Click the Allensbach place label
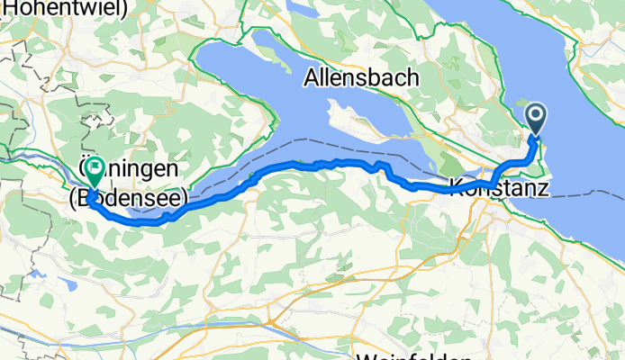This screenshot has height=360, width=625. (x=361, y=78)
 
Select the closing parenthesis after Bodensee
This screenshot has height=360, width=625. (x=184, y=196)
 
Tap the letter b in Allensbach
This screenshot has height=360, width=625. (x=384, y=78)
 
